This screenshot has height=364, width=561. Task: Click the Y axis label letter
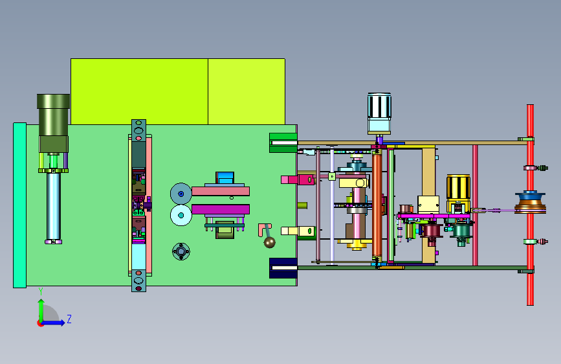pyautogui.click(x=41, y=291)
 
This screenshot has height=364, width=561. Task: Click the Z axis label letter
pyautogui.click(x=69, y=319)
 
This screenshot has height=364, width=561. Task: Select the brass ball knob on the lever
pyautogui.click(x=269, y=242)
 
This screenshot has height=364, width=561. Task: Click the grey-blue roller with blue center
pyautogui.click(x=181, y=194)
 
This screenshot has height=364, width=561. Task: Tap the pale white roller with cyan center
pyautogui.click(x=181, y=215)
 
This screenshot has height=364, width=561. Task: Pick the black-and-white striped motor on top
pyautogui.click(x=379, y=106)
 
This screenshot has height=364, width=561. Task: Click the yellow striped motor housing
pyautogui.click(x=458, y=188)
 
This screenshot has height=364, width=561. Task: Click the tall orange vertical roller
pyautogui.click(x=377, y=205)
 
